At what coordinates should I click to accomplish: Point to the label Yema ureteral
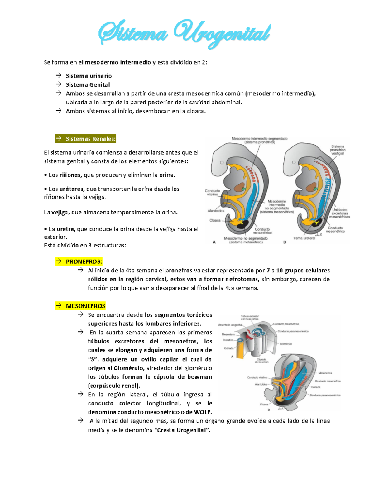coord(304,238)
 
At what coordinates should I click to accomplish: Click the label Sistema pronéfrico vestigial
coord(338,150)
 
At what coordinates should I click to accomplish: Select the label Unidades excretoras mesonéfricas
coord(339,213)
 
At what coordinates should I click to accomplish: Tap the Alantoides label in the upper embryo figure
coord(216,211)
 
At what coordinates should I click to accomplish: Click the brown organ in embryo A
coord(240,188)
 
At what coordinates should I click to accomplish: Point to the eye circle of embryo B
coord(294,162)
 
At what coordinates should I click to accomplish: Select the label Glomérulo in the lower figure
coord(286,344)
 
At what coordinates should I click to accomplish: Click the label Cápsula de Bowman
coord(261,361)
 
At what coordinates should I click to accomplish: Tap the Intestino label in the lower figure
coord(228,340)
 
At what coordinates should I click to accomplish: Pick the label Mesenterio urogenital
coord(230,325)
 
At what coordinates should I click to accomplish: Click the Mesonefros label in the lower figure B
coord(325,373)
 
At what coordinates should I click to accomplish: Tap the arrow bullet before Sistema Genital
coord(58,84)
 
